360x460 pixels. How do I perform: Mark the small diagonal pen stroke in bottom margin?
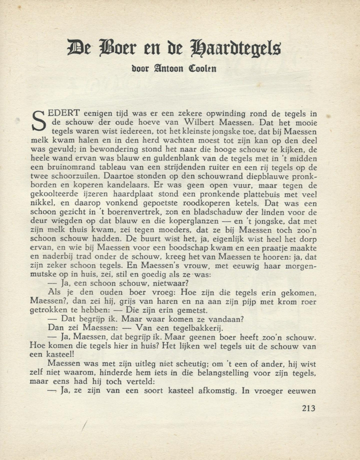click(86, 427)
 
